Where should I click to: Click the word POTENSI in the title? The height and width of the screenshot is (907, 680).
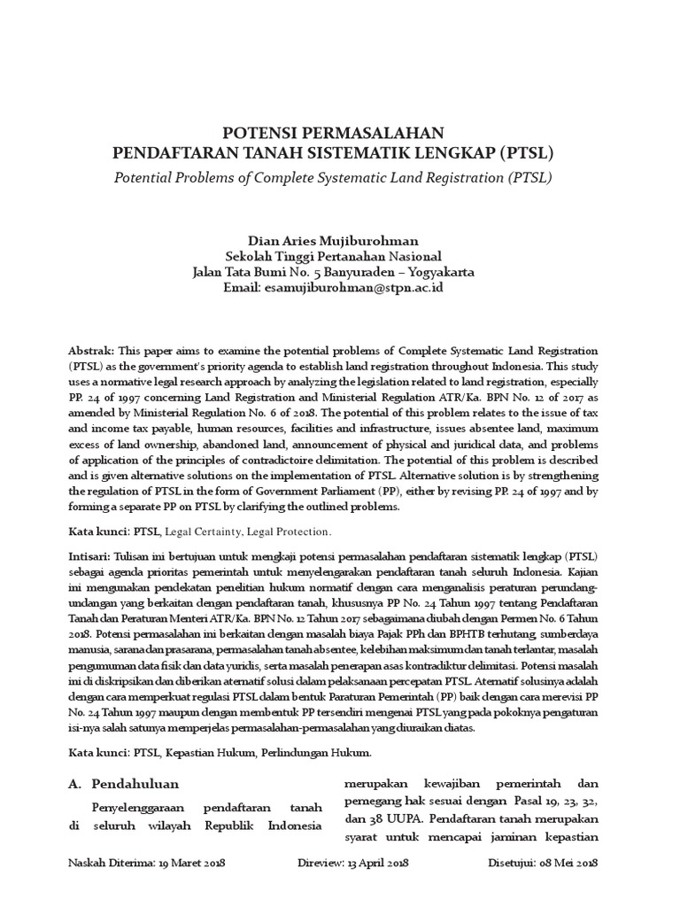tap(259, 133)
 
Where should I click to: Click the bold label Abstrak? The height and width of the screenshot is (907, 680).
tap(92, 352)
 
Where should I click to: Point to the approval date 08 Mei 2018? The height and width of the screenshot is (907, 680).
tap(571, 863)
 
